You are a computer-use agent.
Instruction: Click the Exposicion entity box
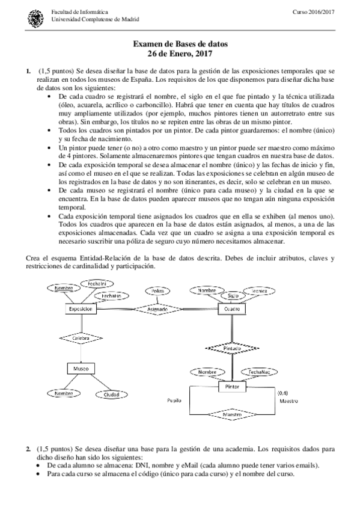point(81,309)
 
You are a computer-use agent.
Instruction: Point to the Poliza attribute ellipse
point(157,291)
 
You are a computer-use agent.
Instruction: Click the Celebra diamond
point(81,339)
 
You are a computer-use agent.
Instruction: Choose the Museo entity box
point(81,368)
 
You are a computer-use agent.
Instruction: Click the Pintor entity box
point(232,388)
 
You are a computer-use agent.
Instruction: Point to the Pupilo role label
point(174,399)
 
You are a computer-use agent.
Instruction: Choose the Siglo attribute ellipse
point(233,295)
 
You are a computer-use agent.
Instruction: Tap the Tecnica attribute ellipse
point(259,290)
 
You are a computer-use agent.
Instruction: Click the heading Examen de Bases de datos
point(180,44)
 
